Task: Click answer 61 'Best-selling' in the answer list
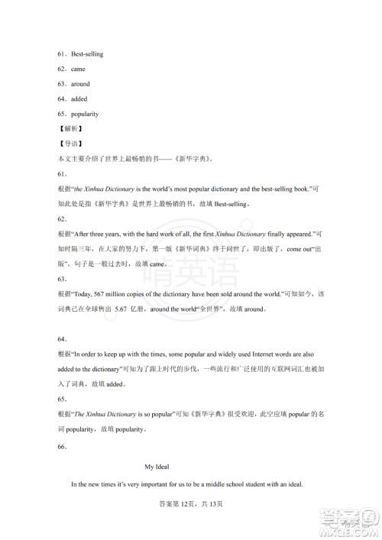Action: pyautogui.click(x=87, y=54)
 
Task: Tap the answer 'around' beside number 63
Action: pyautogui.click(x=81, y=84)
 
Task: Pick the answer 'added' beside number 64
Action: pyautogui.click(x=79, y=99)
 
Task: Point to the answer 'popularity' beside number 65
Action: pyautogui.click(x=86, y=114)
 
